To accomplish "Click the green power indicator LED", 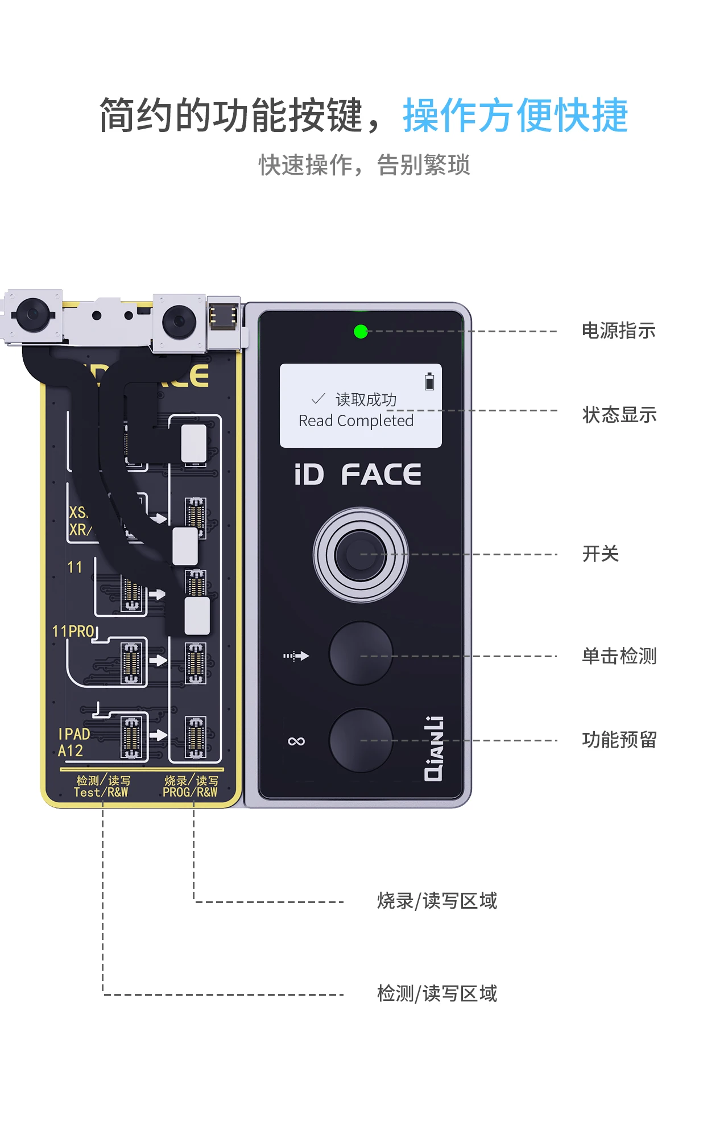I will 361,331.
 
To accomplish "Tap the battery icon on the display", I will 429,381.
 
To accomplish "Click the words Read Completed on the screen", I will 356,421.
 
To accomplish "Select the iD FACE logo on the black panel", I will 358,475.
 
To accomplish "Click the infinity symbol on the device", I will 296,741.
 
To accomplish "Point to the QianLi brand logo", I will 434,748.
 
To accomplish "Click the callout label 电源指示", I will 618,331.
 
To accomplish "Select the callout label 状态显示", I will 619,415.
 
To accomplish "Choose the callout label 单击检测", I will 619,656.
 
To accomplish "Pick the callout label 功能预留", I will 619,740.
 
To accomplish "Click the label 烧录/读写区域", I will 437,901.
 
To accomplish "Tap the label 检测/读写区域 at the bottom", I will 437,993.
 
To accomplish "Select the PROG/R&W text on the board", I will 190,792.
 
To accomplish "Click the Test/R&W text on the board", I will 101,792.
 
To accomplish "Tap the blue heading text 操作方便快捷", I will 515,116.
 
